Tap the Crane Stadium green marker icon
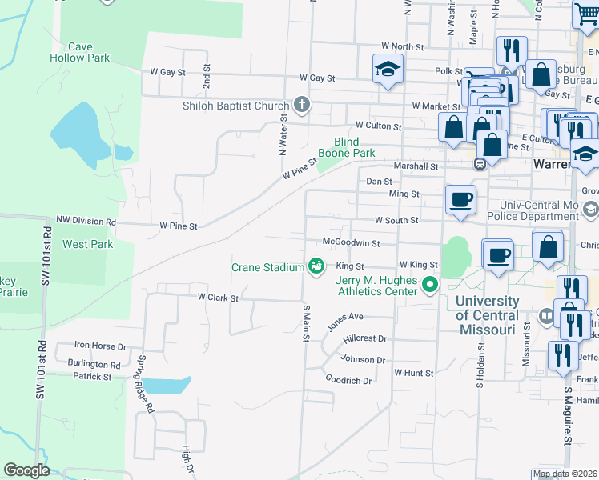[x=316, y=266]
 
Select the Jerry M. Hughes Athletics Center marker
[x=430, y=284]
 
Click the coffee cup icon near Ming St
[x=460, y=199]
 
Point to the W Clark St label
[x=219, y=298]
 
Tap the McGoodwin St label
[x=350, y=242]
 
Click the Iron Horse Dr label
[x=100, y=346]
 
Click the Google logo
[x=26, y=470]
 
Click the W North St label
[x=402, y=47]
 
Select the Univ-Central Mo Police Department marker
[x=590, y=210]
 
